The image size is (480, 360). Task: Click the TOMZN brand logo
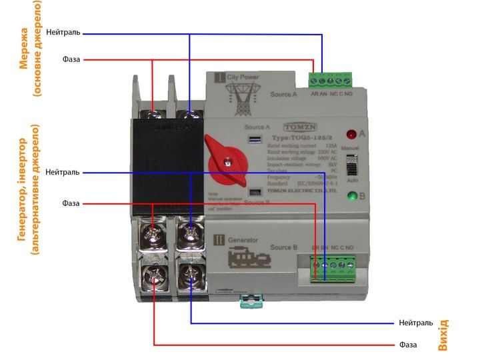(x=297, y=125)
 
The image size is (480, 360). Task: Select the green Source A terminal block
(x=331, y=81)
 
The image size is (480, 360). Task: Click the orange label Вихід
(x=443, y=335)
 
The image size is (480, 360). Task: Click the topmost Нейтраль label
(x=63, y=33)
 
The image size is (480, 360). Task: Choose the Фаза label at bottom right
(x=408, y=345)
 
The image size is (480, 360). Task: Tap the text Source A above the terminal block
(x=284, y=95)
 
